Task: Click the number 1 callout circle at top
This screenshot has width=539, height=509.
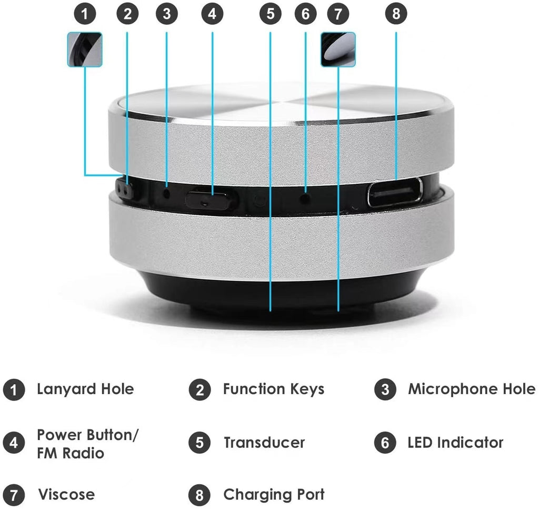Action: coord(84,14)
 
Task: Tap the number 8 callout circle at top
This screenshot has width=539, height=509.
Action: coord(396,14)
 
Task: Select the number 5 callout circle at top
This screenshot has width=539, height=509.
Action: coord(270,14)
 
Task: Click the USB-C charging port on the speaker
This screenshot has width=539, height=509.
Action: coord(395,192)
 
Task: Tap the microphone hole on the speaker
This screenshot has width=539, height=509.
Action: coord(167,193)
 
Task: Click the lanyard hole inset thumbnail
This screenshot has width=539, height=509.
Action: coord(85,49)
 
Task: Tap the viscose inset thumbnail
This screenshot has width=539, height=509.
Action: coord(338,49)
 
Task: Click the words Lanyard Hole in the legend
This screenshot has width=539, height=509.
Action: coord(85,389)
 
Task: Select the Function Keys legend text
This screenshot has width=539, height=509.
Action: coord(274,389)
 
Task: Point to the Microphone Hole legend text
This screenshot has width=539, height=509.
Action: coord(472,389)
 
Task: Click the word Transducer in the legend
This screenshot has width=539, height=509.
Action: coord(264,443)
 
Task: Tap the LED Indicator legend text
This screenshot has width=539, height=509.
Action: coord(455,443)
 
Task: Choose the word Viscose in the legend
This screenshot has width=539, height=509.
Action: coord(66,495)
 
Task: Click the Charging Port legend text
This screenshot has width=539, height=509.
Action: coord(274,495)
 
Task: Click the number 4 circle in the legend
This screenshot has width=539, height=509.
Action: coord(14,443)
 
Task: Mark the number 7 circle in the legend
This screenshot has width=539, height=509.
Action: coord(14,496)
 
